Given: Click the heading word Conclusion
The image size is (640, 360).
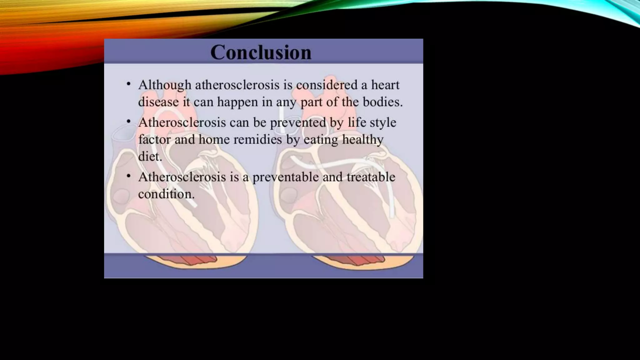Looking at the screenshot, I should click(x=261, y=52).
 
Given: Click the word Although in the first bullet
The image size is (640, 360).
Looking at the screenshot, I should click(x=165, y=85).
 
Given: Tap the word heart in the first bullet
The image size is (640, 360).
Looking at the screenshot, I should click(x=385, y=85).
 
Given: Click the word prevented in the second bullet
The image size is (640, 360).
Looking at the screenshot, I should click(x=298, y=122).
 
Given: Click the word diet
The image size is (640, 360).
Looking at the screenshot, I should click(x=150, y=156).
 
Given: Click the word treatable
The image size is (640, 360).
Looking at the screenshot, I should click(x=371, y=177).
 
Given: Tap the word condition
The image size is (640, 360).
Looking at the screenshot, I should click(x=166, y=194).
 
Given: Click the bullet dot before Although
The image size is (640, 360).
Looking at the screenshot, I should click(x=128, y=84).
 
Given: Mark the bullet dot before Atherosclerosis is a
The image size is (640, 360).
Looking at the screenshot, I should click(x=128, y=176).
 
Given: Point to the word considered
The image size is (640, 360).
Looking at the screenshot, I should click(x=327, y=85).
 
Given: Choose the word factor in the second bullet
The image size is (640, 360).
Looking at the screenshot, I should click(x=154, y=139).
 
